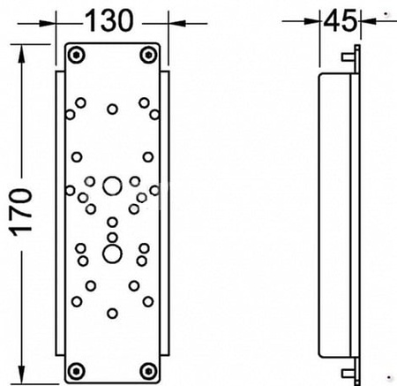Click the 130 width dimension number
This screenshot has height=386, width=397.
click(x=109, y=20)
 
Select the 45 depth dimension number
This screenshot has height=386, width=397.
click(x=340, y=20)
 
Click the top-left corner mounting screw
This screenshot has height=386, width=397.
click(x=76, y=55)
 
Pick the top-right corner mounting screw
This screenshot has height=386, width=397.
click(x=148, y=55)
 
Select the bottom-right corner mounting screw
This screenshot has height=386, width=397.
click(x=148, y=371)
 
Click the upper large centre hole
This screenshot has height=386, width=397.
click(x=112, y=186)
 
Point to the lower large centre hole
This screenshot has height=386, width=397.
click(x=112, y=254)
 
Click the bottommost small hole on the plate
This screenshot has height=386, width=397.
click(x=112, y=314)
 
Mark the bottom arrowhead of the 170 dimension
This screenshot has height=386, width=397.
click(x=21, y=375)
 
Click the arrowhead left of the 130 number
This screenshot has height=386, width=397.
click(x=47, y=24)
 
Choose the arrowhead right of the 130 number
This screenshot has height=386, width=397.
click(x=176, y=24)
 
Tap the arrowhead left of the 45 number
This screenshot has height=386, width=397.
click(x=311, y=21)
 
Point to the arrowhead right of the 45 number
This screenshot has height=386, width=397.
click(x=369, y=21)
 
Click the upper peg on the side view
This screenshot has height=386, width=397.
click(x=348, y=57)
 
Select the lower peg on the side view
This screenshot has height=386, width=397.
click(x=348, y=374)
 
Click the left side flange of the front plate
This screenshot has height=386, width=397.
click(x=60, y=213)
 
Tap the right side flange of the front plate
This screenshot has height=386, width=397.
click(x=165, y=213)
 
